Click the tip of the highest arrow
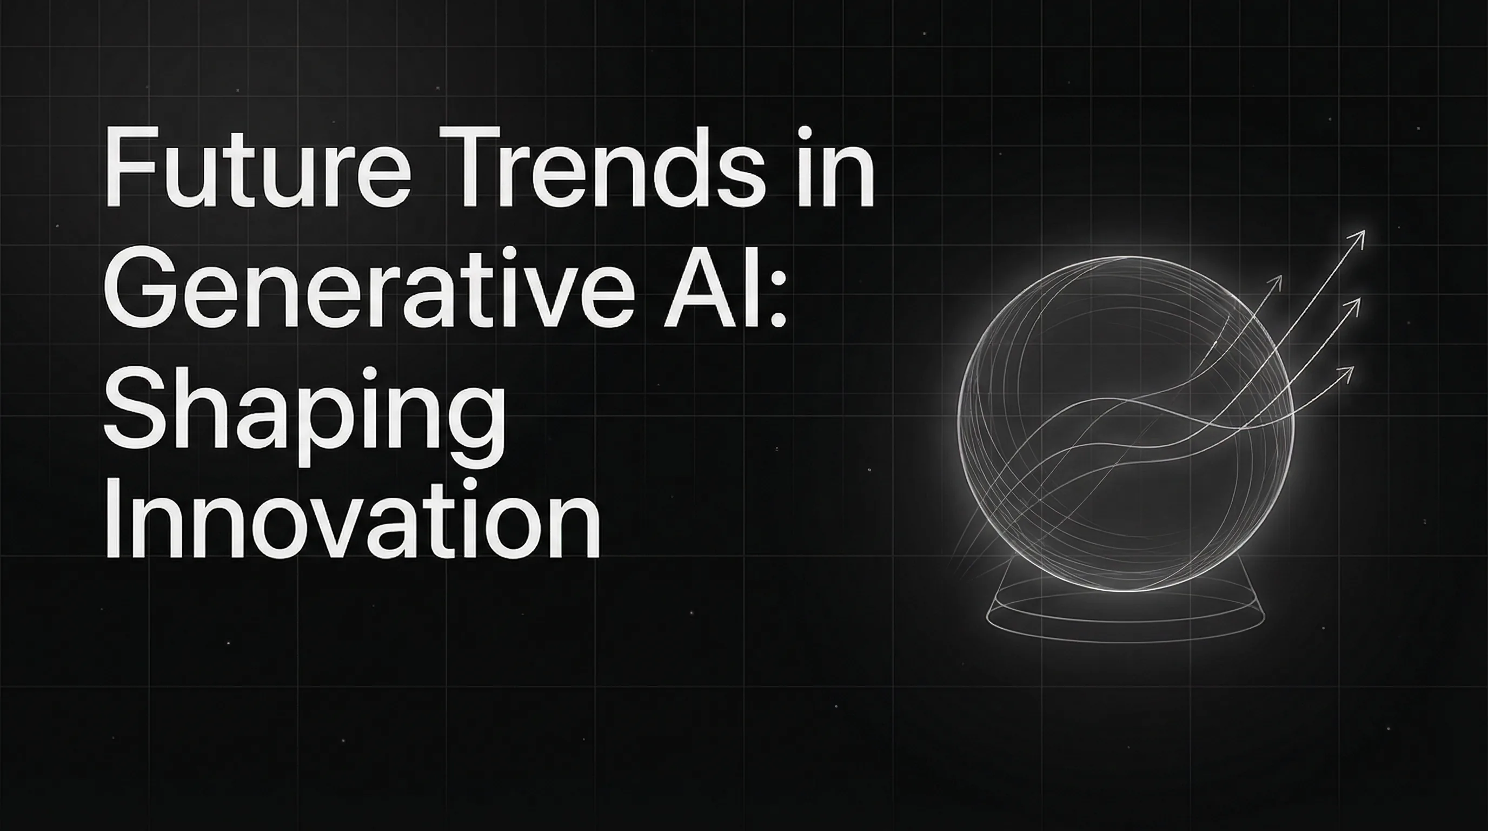coord(1363,232)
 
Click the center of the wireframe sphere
coord(1125,424)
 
